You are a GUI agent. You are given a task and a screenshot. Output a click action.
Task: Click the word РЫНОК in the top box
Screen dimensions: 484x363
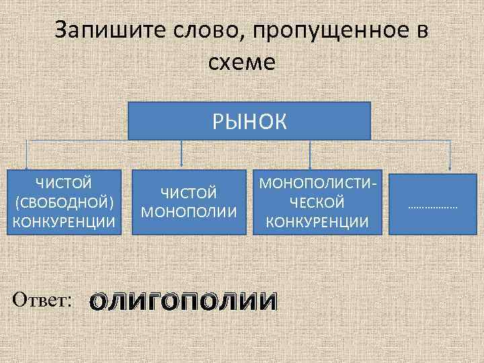point(249,122)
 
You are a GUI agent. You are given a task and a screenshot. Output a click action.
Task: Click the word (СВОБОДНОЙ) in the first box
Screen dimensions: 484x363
point(64,202)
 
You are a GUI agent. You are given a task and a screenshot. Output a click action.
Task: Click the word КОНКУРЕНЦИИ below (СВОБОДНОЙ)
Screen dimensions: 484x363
point(64,221)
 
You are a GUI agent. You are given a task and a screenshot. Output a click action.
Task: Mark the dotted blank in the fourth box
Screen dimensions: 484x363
point(432,207)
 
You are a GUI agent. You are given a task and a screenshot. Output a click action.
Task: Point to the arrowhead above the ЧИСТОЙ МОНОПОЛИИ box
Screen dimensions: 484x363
point(183,163)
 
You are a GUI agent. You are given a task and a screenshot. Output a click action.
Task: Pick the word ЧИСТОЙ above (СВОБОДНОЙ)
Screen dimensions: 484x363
point(64,182)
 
